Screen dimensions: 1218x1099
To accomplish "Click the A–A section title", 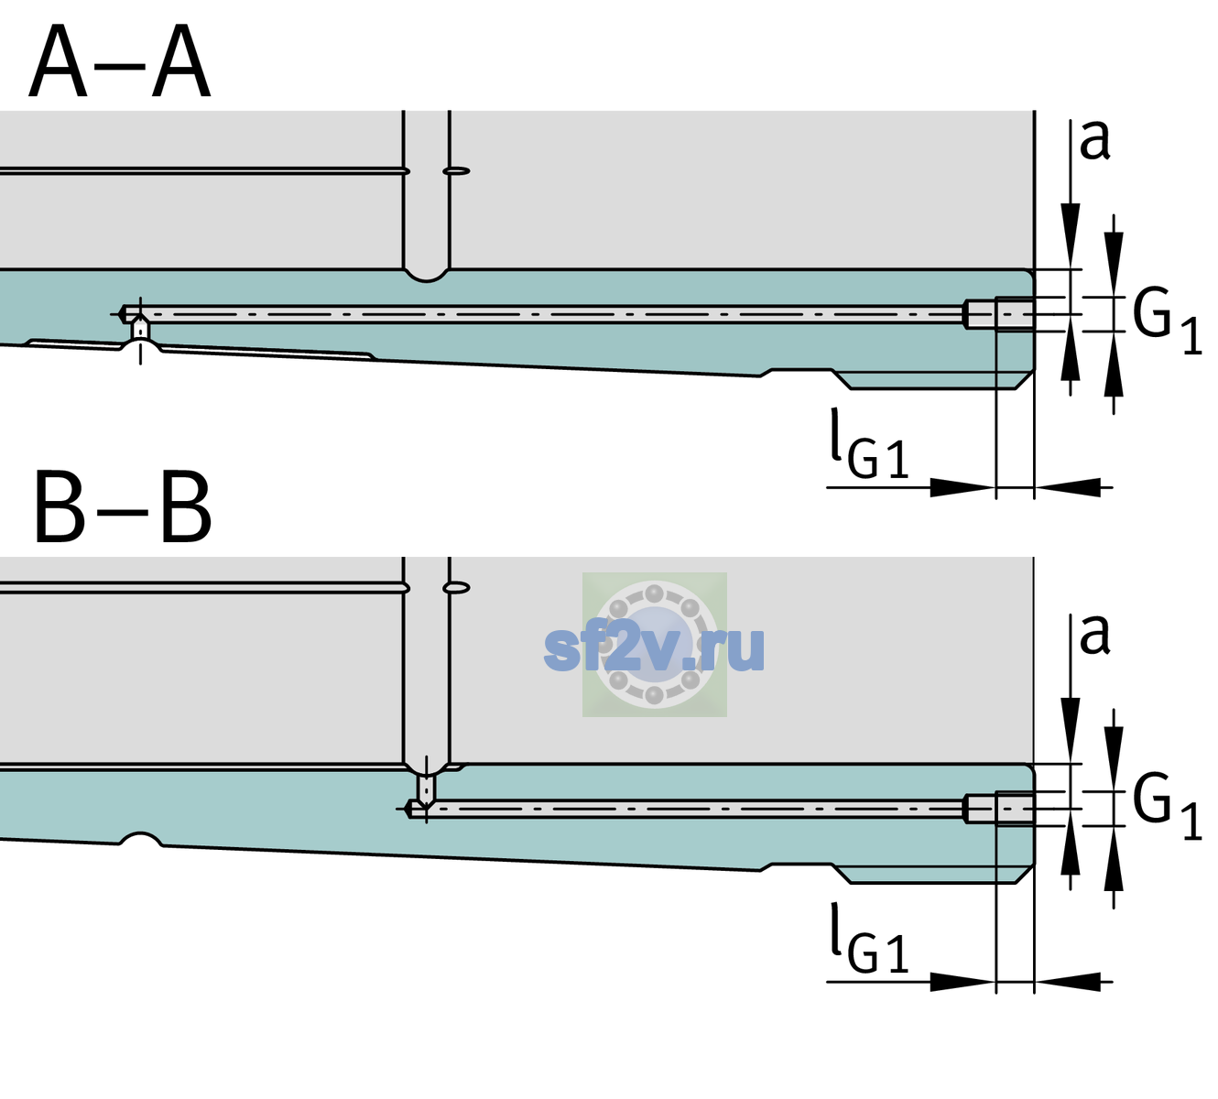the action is pos(120,61).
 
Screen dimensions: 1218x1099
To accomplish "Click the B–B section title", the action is pos(124,508).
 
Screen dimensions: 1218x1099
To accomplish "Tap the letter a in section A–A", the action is pos(1095,140).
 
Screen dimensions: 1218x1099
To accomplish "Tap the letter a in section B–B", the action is pos(1095,635).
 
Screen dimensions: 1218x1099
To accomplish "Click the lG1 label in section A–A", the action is pos(869,444).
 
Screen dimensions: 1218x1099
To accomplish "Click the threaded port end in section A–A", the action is pos(999,314).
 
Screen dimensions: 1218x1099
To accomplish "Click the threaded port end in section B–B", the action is pos(999,809).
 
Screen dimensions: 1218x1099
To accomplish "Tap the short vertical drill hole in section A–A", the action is pos(140,329).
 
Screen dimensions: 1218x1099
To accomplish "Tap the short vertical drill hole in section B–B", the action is pos(427,787).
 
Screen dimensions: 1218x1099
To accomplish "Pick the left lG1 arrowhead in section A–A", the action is pos(963,487).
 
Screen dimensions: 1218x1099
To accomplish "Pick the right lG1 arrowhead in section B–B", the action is pos(1068,982).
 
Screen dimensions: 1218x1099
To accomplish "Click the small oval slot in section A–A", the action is pos(456,171).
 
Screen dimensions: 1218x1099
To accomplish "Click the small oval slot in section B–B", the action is pos(456,588).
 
